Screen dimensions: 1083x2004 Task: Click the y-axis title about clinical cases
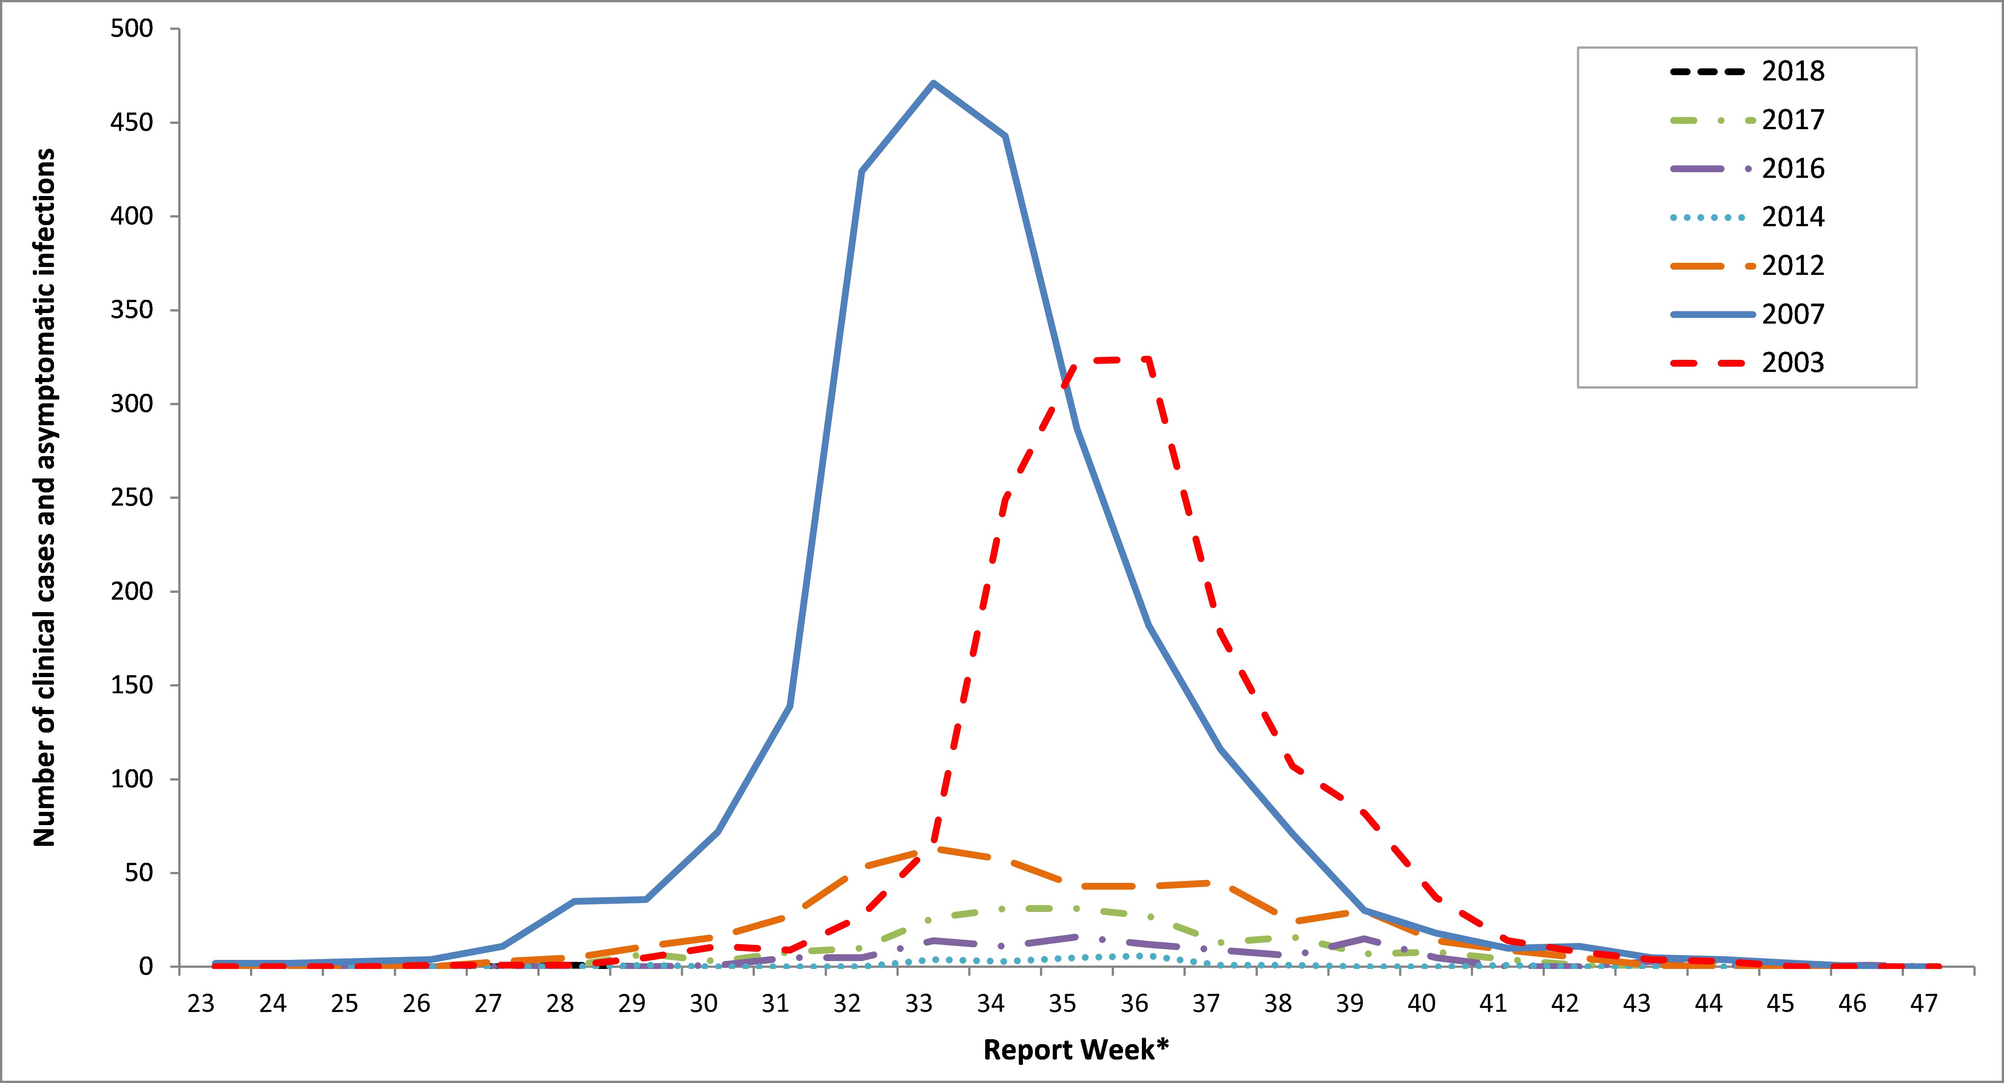[x=44, y=498]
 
